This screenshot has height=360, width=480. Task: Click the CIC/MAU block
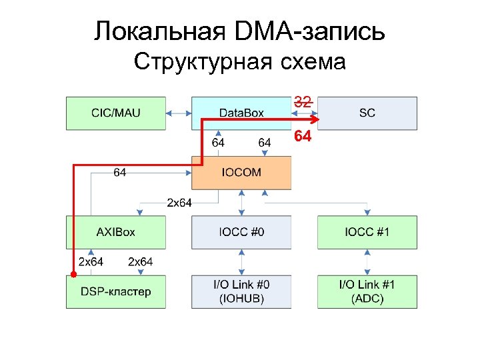click(115, 113)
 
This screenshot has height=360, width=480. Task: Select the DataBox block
click(241, 113)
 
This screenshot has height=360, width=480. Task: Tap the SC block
click(367, 113)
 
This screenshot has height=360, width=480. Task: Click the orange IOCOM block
click(241, 173)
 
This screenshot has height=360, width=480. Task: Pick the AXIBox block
click(115, 232)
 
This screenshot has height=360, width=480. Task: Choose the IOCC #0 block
click(241, 232)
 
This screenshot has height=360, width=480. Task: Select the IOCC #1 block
click(367, 232)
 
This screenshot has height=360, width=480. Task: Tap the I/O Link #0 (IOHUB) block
click(241, 291)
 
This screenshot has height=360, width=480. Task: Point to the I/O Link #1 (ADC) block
click(367, 291)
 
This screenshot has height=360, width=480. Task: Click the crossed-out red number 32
click(303, 102)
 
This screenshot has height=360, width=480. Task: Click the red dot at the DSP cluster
click(73, 274)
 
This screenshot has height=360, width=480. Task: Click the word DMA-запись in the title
click(321, 31)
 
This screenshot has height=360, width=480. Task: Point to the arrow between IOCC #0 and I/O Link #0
click(241, 262)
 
